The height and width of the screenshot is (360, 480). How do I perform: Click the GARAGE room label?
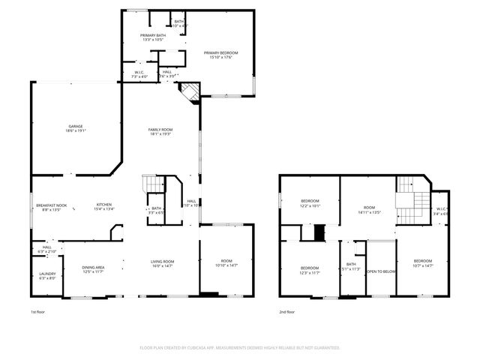76,126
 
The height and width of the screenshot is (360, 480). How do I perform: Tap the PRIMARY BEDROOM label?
221,52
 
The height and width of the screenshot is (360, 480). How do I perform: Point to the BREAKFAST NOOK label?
51,205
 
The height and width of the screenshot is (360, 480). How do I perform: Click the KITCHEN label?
103,205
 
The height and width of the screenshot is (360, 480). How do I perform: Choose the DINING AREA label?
94,267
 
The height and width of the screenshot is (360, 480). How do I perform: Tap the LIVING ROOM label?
163,261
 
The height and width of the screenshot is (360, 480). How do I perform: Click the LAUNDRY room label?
47,274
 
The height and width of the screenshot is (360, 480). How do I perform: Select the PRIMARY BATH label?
152,35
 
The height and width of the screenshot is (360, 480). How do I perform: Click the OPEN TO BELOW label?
381,271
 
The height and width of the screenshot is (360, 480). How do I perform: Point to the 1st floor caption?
37,311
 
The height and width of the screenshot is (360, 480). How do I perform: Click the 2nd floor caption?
286,311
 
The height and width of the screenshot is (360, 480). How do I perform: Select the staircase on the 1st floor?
152,184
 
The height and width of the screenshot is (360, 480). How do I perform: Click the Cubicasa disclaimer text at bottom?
240,347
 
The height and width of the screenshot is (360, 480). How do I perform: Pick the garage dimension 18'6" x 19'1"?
76,130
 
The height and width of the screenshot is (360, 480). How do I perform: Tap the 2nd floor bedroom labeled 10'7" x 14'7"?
423,263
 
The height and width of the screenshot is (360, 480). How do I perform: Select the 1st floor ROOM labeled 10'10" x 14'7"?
226,261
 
